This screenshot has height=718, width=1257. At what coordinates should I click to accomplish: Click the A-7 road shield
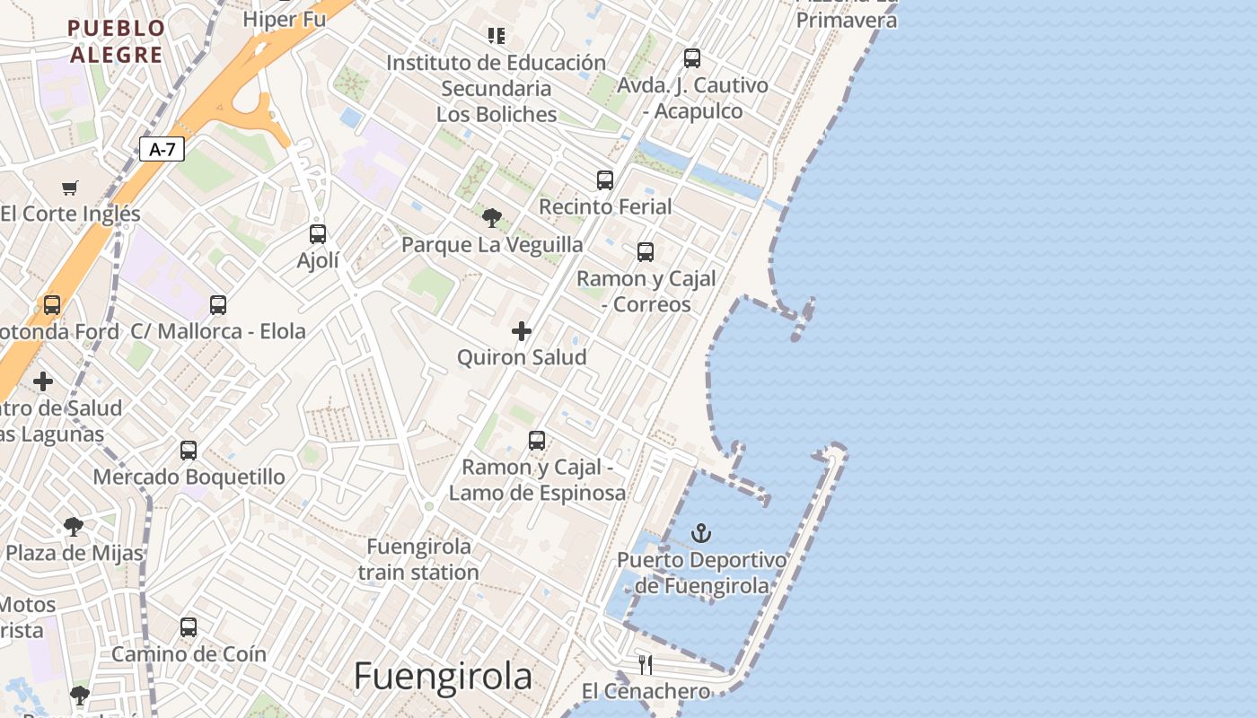click(162, 150)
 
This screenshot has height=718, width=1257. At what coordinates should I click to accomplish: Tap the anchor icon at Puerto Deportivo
click(701, 534)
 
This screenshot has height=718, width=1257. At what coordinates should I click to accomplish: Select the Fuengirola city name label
click(443, 676)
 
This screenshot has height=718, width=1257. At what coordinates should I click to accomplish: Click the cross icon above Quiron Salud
click(522, 332)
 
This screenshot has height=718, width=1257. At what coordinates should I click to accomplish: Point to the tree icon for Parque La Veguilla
click(491, 218)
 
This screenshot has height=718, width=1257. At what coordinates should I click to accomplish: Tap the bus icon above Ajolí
click(318, 234)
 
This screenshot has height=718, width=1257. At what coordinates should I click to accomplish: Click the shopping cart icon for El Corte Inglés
click(70, 188)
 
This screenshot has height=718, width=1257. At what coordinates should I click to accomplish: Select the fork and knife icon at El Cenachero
click(645, 665)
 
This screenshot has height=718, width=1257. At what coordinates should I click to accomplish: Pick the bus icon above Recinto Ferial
click(605, 180)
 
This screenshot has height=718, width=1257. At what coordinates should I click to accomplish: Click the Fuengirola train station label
click(418, 559)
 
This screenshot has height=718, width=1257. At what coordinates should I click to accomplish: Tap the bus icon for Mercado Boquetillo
click(189, 451)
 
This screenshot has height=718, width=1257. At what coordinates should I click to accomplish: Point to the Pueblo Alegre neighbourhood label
click(117, 41)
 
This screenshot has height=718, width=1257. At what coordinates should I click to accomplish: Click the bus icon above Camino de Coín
click(189, 627)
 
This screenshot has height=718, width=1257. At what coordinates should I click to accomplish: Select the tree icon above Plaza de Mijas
click(74, 527)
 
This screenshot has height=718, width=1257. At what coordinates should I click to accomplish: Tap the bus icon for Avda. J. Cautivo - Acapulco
click(692, 58)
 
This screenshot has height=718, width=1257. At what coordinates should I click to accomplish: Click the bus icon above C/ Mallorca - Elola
click(218, 305)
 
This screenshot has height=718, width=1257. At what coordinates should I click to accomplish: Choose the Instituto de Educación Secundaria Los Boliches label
click(497, 88)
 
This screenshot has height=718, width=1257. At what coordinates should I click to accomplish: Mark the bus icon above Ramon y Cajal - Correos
click(646, 252)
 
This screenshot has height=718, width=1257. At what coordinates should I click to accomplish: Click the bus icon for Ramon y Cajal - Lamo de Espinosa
click(537, 441)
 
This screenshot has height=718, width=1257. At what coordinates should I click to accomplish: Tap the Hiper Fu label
click(284, 18)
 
